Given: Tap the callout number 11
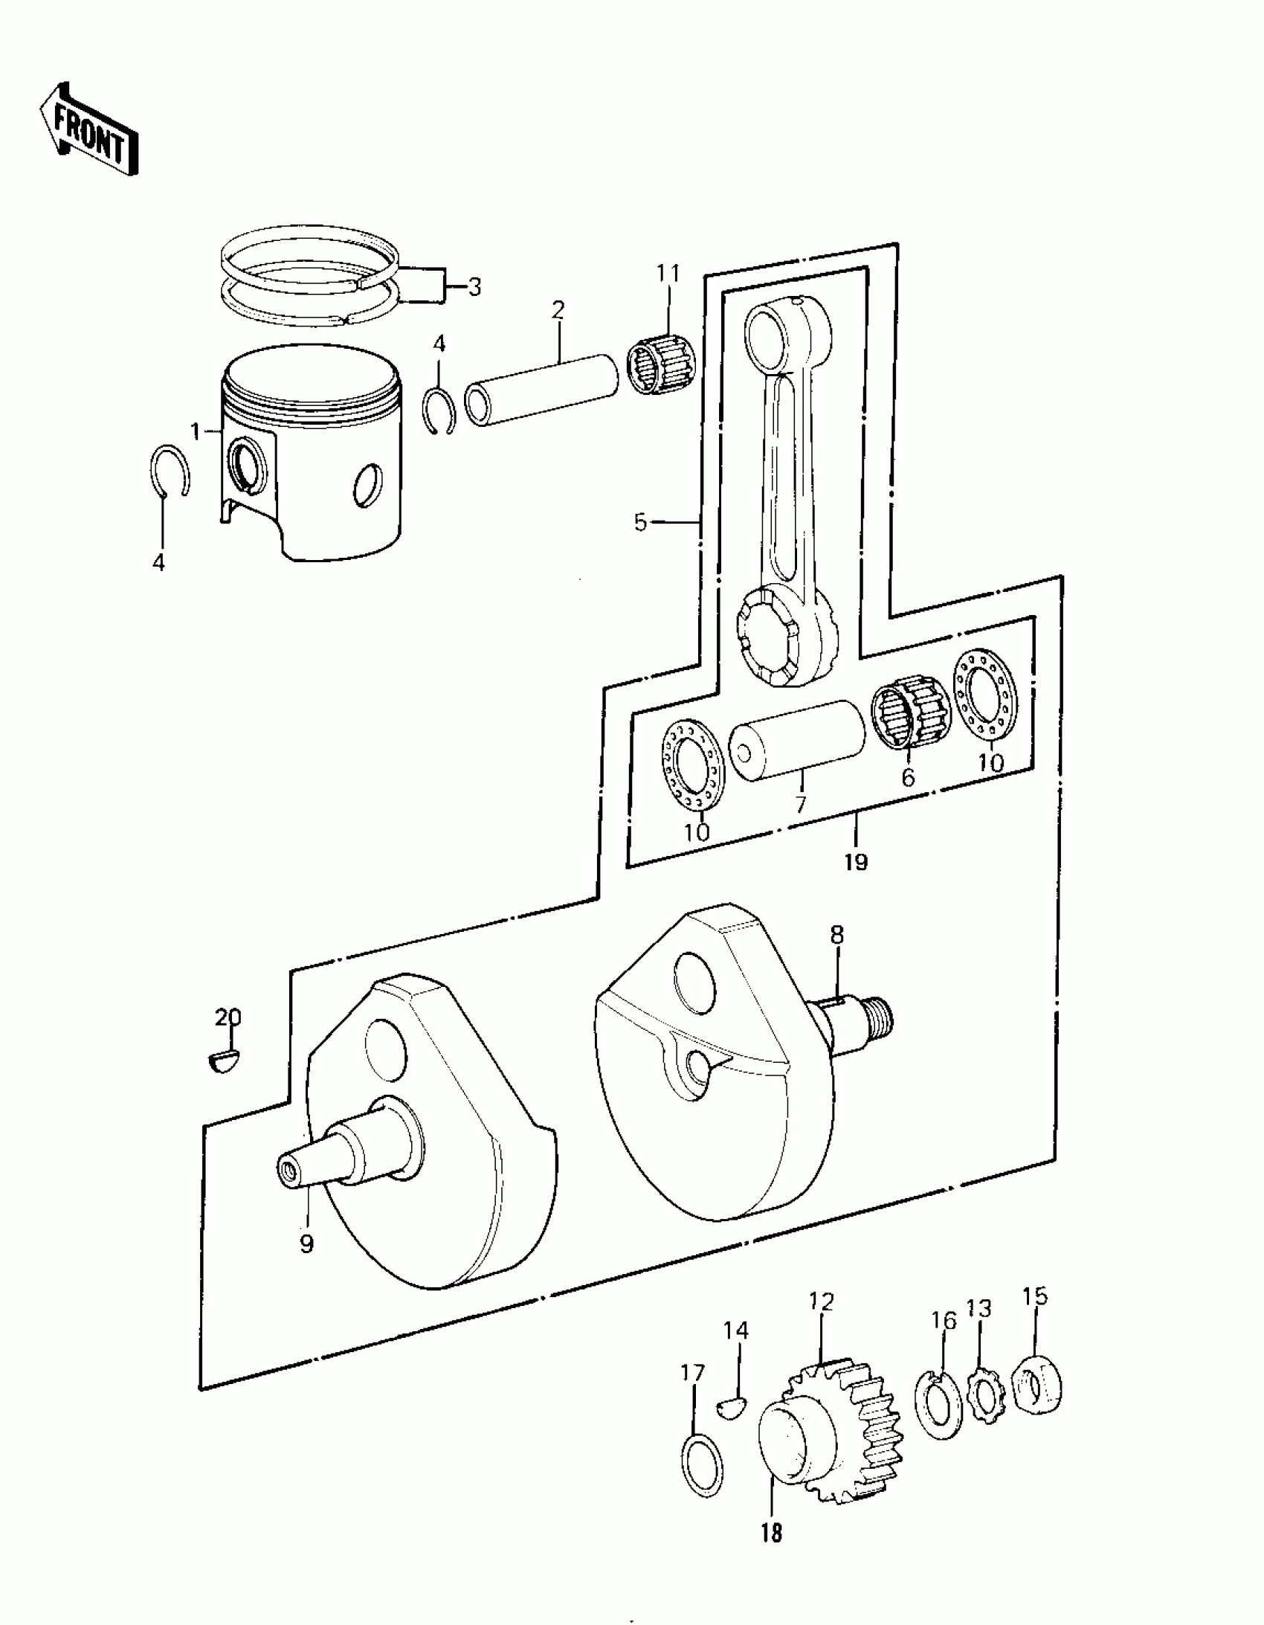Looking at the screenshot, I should coord(668,274).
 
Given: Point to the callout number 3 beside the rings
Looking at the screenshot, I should coord(474,286).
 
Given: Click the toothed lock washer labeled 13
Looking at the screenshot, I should coord(986,1390).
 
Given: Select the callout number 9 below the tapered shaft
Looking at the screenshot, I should coord(306,1243).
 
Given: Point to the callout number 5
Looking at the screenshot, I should coord(640,522).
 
